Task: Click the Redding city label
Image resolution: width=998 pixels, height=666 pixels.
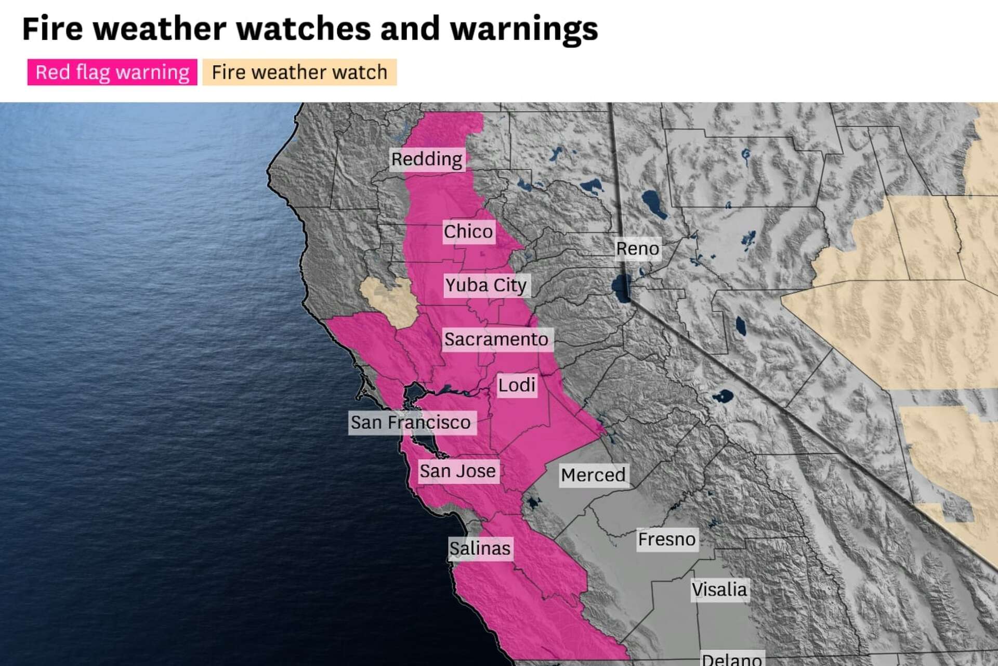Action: (427, 159)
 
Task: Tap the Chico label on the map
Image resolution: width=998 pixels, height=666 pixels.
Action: (468, 231)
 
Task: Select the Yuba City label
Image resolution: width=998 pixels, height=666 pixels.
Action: (486, 285)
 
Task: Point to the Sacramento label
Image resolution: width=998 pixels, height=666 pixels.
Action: (496, 339)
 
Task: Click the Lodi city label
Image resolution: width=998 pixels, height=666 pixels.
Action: (517, 385)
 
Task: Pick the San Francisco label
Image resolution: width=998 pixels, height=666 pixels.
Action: (411, 422)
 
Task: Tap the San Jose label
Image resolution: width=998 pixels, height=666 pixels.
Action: (458, 471)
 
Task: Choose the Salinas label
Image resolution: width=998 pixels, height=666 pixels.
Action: (480, 548)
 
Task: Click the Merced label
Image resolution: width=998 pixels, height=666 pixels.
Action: (593, 475)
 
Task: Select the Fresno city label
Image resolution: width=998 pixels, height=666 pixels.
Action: (667, 539)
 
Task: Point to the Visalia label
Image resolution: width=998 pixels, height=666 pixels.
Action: (719, 590)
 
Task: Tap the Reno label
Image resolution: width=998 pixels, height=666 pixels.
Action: (637, 249)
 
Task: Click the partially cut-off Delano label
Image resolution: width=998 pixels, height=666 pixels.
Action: (732, 659)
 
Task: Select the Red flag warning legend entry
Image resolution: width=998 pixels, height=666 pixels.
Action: (112, 72)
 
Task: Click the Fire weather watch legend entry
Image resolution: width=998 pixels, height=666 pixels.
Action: (299, 72)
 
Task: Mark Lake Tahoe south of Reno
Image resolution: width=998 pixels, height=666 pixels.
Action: (621, 288)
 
